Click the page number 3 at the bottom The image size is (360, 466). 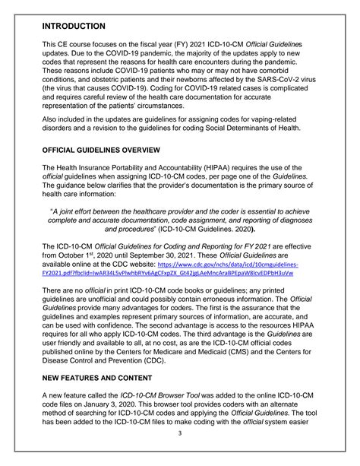pos(180,455)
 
